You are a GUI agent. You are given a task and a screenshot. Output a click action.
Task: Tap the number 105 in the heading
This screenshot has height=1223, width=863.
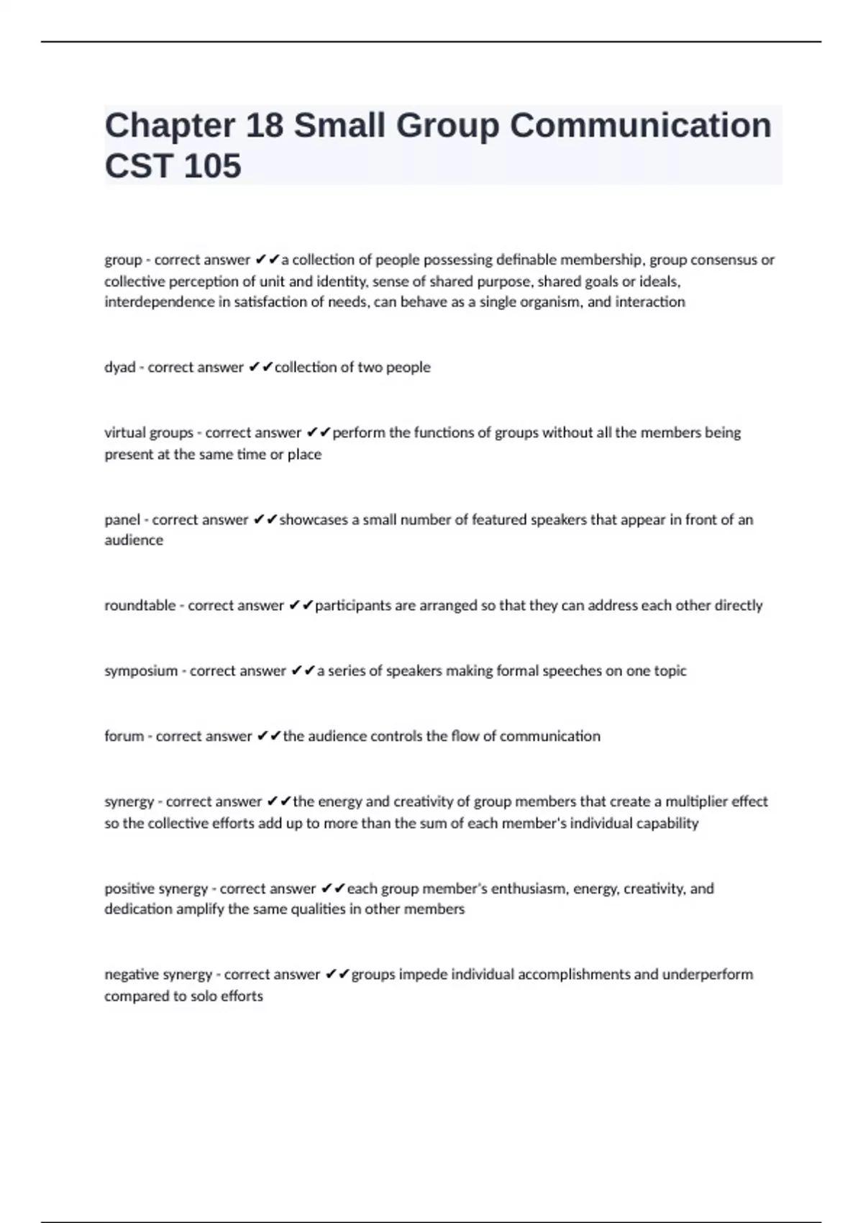pos(212,166)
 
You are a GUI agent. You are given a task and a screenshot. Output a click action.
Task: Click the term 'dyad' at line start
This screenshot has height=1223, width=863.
pos(119,368)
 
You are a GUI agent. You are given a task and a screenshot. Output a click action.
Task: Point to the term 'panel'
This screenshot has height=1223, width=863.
pos(122,519)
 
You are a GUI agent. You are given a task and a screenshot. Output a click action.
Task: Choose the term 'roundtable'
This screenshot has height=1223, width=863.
pos(140,606)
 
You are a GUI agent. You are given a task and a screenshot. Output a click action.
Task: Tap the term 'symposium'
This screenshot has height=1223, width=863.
pos(141,671)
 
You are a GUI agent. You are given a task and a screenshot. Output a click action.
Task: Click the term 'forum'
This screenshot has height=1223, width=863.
pos(124,736)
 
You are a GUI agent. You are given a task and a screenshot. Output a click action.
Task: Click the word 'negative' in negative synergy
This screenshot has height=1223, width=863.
pos(130,975)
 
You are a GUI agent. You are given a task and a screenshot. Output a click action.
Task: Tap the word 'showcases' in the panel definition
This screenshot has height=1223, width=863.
pos(313,519)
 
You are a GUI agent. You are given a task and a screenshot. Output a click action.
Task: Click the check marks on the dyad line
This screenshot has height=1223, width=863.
pos(260,368)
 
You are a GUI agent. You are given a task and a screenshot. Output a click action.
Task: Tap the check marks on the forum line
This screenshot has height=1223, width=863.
pos(269,736)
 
